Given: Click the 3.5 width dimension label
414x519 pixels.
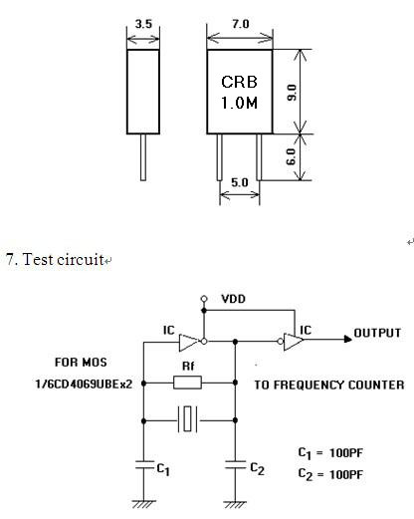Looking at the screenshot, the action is pyautogui.click(x=143, y=24).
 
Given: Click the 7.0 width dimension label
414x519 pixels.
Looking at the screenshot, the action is pyautogui.click(x=240, y=24).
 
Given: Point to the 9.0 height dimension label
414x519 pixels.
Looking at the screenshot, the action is pyautogui.click(x=292, y=93).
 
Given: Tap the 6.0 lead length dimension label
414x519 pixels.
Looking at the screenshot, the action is pyautogui.click(x=291, y=156).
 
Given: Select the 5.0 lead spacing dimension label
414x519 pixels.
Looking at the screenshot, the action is pyautogui.click(x=240, y=182).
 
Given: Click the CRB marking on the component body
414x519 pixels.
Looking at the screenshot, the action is pyautogui.click(x=239, y=82).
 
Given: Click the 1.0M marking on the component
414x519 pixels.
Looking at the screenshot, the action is pyautogui.click(x=239, y=103).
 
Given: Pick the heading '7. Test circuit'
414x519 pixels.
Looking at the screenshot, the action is pyautogui.click(x=55, y=259).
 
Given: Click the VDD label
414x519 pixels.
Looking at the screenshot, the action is pyautogui.click(x=234, y=299).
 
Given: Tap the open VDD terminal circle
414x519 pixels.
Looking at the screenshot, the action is pyautogui.click(x=204, y=299).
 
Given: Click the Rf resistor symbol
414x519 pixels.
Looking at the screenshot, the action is pyautogui.click(x=187, y=383).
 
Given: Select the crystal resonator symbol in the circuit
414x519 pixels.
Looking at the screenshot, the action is pyautogui.click(x=188, y=419).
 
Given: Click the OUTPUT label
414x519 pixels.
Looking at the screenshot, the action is pyautogui.click(x=377, y=333).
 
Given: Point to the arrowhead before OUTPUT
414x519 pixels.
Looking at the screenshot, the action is pyautogui.click(x=348, y=339).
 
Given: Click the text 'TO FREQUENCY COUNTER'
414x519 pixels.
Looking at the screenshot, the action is pyautogui.click(x=329, y=385).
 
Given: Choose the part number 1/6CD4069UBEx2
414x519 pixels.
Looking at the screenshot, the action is pyautogui.click(x=84, y=385).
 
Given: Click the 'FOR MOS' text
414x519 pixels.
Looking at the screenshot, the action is pyautogui.click(x=81, y=362).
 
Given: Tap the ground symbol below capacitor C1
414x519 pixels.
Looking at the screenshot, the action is pyautogui.click(x=143, y=504).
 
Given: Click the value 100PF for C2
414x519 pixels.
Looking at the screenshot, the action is pyautogui.click(x=346, y=474).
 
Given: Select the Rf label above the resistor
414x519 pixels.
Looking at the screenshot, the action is pyautogui.click(x=188, y=366).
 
